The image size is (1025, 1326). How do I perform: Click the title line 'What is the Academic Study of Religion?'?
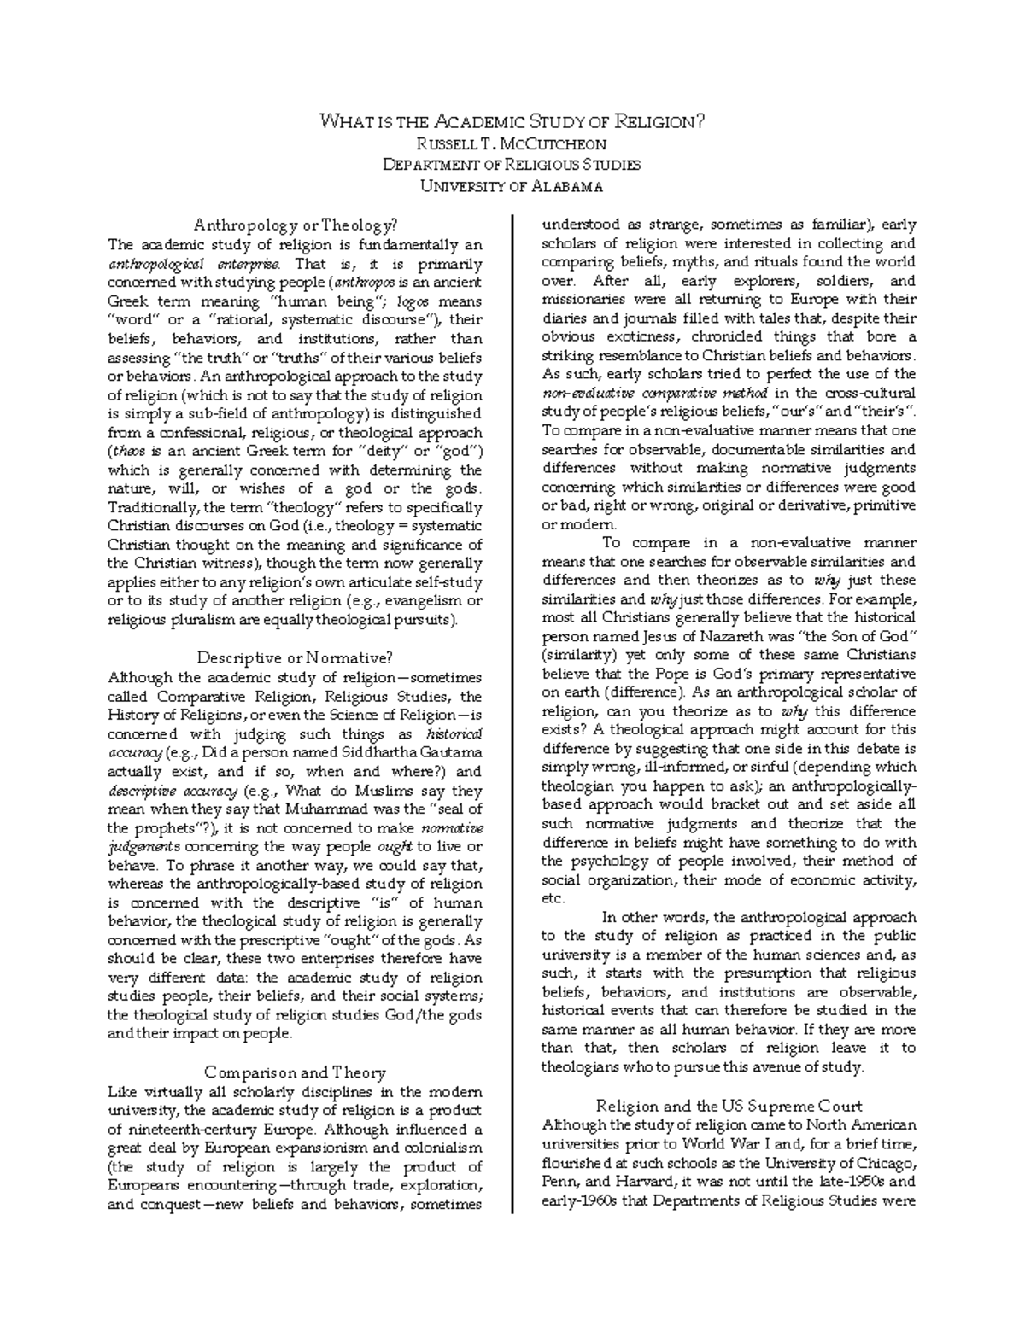click(512, 121)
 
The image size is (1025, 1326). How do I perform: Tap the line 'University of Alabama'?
click(512, 186)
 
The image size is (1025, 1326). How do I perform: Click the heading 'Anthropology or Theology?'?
click(296, 225)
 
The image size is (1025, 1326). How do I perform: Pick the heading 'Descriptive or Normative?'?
click(296, 658)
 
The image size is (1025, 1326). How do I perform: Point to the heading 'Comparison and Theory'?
click(296, 1072)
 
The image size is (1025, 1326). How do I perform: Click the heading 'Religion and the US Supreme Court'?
click(729, 1106)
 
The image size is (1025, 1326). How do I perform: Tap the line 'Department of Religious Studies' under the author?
click(512, 165)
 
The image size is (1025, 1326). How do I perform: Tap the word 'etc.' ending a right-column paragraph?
click(553, 898)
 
